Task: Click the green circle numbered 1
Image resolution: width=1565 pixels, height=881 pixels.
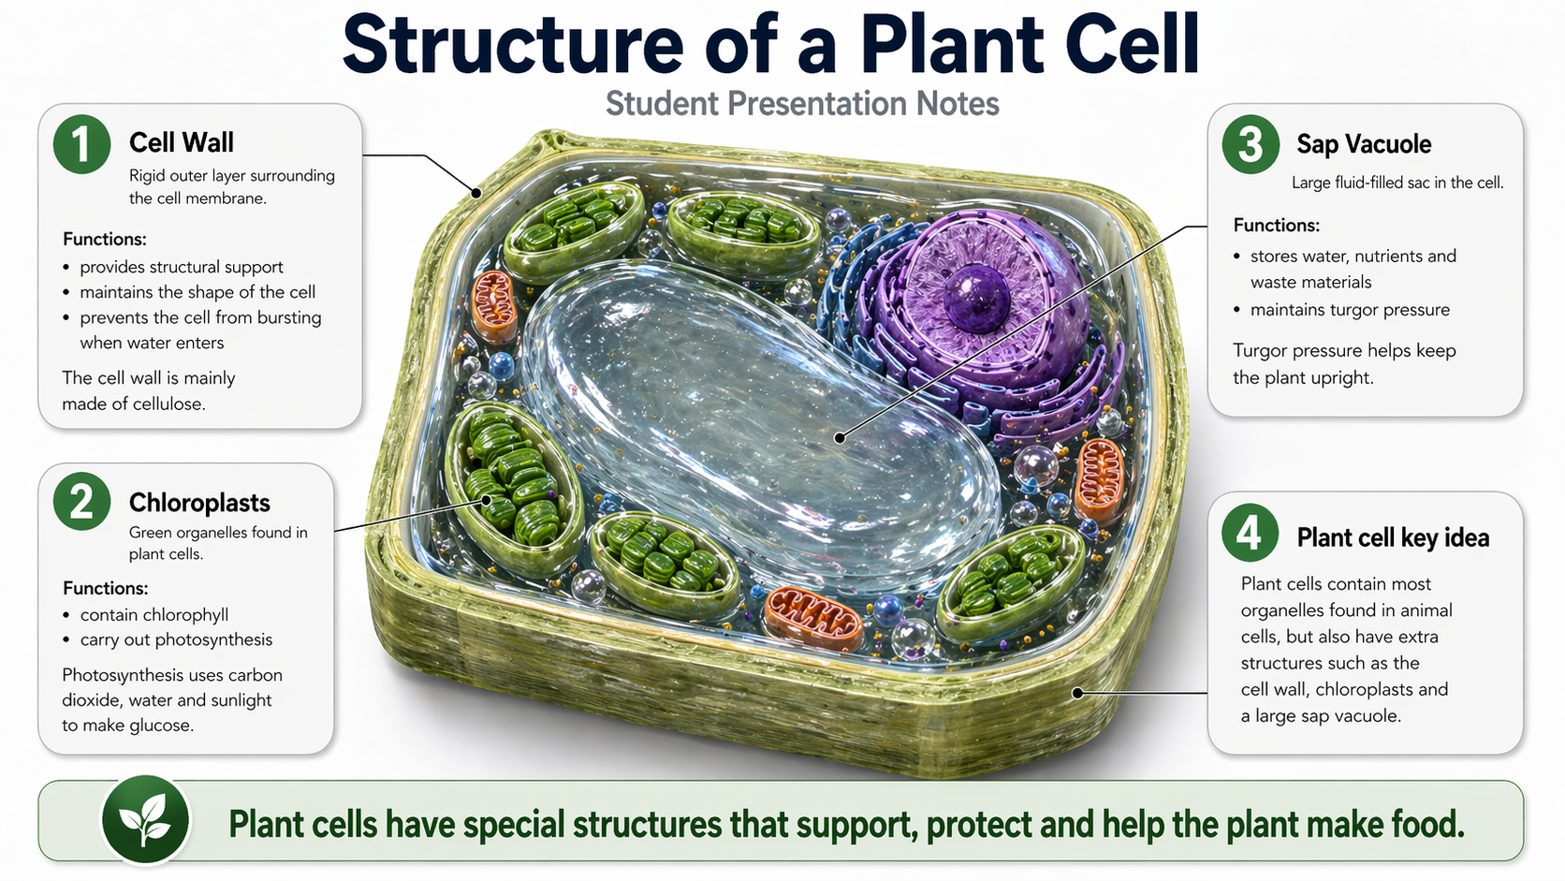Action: [x=81, y=144]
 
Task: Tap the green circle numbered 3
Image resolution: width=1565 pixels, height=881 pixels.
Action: [x=1251, y=144]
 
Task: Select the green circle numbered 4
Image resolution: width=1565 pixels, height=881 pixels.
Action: [x=1251, y=533]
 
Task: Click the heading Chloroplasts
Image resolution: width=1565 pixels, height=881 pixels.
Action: [x=199, y=503]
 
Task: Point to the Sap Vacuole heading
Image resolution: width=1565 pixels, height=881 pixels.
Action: [x=1364, y=144]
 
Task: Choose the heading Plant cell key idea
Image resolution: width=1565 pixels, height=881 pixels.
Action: [x=1393, y=537]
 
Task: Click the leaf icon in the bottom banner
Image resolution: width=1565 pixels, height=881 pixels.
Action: [x=145, y=819]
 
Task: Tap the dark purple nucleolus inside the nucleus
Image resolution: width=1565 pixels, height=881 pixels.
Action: [x=977, y=298]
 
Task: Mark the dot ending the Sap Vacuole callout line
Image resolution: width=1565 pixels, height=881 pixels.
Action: [x=840, y=438]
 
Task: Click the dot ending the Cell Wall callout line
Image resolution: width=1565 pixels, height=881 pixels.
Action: [x=476, y=193]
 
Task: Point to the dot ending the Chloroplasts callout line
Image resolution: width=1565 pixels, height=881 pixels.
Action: [x=487, y=500]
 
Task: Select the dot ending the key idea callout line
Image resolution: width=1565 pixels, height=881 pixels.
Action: [x=1078, y=693]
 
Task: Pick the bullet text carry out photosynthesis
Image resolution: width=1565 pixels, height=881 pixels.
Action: [x=176, y=640]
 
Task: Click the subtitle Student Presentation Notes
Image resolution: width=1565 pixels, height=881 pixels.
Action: [x=802, y=103]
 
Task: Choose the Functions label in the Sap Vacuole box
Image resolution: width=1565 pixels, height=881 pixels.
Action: [x=1277, y=225]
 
